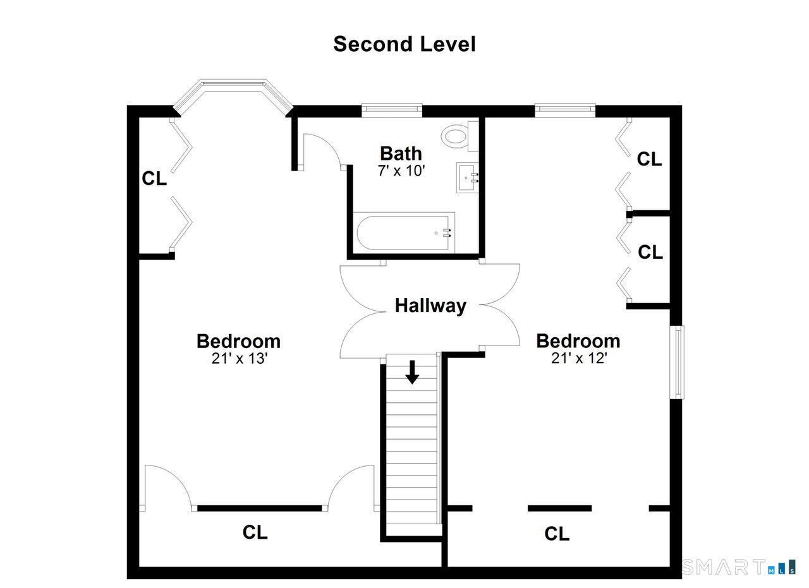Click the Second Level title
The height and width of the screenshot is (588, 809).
(404, 44)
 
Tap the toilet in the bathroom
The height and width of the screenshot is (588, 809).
(459, 136)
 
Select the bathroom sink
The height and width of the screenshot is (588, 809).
(468, 177)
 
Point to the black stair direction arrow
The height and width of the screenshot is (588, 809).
(412, 372)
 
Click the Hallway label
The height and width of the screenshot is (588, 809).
(430, 306)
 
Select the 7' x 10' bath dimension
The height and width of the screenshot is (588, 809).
(401, 171)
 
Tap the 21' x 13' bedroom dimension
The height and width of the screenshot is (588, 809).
(239, 359)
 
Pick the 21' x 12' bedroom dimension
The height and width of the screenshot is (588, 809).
(579, 358)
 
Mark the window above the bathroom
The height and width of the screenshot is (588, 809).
(392, 110)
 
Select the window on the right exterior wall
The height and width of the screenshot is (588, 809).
(677, 362)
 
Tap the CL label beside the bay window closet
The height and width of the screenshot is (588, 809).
(154, 178)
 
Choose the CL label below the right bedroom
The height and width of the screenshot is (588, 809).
(557, 534)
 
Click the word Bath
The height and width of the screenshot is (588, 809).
(401, 153)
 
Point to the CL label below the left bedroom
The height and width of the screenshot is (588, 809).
(255, 532)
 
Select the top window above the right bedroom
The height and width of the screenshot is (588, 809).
(565, 110)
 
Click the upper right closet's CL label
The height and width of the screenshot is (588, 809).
(649, 159)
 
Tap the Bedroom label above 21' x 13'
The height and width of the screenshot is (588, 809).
(239, 341)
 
